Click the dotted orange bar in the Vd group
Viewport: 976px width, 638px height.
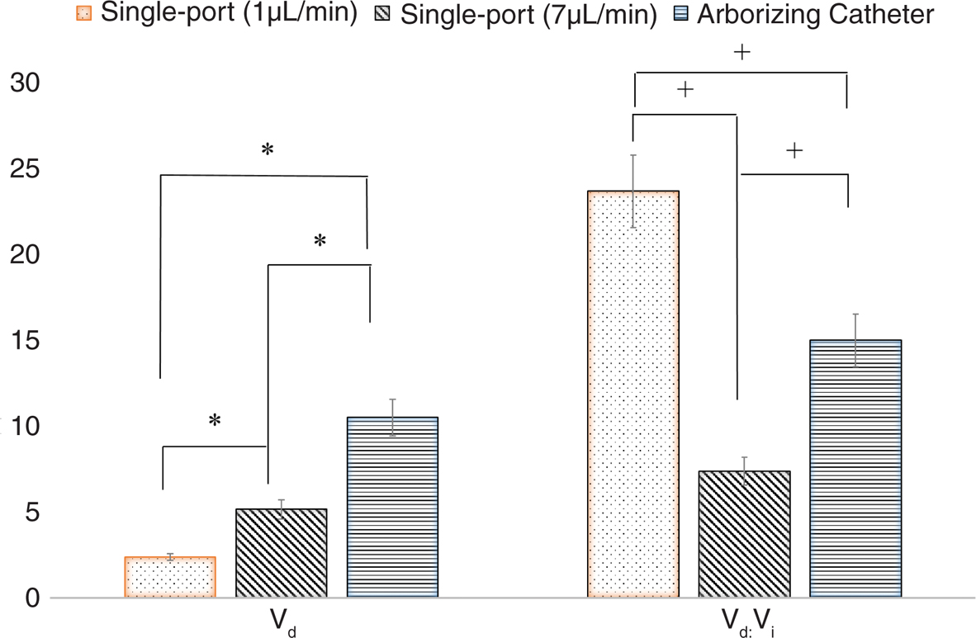[170, 576]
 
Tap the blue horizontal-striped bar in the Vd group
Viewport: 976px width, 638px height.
[392, 507]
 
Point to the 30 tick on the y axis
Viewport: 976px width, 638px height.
[24, 83]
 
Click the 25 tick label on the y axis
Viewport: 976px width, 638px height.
[24, 169]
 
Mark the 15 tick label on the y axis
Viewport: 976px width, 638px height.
[24, 341]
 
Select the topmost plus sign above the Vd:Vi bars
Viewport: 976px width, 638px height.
[741, 53]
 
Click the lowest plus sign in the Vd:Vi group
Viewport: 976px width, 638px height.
[794, 151]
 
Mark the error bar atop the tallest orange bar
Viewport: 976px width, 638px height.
[633, 191]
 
